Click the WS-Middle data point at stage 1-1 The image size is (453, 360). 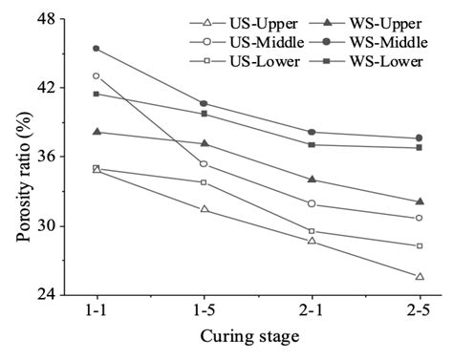96,48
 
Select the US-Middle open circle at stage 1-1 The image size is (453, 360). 96,75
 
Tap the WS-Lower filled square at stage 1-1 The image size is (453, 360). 96,94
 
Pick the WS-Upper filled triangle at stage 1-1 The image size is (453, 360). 96,132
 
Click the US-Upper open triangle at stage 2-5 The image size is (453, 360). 420,276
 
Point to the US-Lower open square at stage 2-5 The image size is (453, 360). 420,246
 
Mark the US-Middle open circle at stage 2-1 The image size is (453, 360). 312,203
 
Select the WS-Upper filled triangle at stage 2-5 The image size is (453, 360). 420,201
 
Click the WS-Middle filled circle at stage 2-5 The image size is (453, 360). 420,138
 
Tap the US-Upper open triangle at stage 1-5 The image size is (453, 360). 204,208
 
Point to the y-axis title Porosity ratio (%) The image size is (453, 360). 16,158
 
